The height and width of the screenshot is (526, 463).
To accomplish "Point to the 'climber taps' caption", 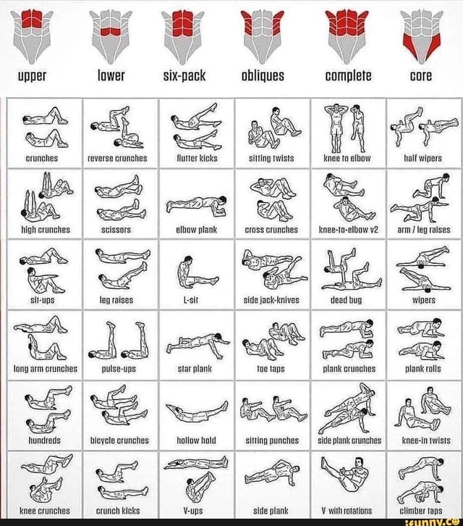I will coord(425,510).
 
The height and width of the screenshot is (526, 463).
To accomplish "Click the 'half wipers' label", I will coord(425,157).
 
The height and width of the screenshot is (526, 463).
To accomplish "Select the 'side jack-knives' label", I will coord(272,299).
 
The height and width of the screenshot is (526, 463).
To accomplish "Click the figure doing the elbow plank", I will coord(195,204).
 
